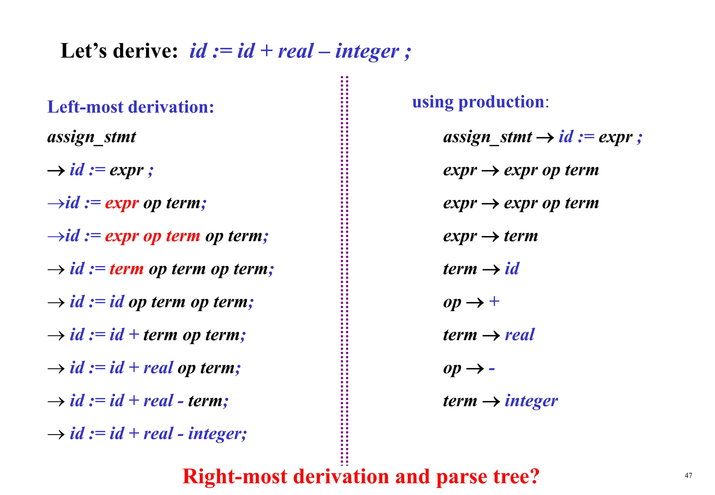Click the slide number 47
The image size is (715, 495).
(x=688, y=475)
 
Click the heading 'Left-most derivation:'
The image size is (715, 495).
(x=131, y=107)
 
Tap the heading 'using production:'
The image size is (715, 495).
(x=480, y=102)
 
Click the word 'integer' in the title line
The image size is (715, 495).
(x=367, y=51)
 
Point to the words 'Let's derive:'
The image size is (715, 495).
(x=119, y=51)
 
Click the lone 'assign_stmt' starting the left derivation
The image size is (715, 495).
(x=91, y=136)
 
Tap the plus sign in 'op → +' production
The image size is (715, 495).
(x=494, y=301)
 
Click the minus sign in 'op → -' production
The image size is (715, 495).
(x=492, y=369)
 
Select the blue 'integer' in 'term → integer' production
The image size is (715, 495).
(x=531, y=401)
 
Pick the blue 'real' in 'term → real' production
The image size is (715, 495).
(x=519, y=335)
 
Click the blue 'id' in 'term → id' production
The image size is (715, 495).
(x=512, y=269)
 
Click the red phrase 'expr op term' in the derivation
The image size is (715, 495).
(x=153, y=236)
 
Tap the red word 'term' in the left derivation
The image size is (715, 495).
(x=126, y=269)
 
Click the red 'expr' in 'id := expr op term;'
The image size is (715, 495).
(x=122, y=203)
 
